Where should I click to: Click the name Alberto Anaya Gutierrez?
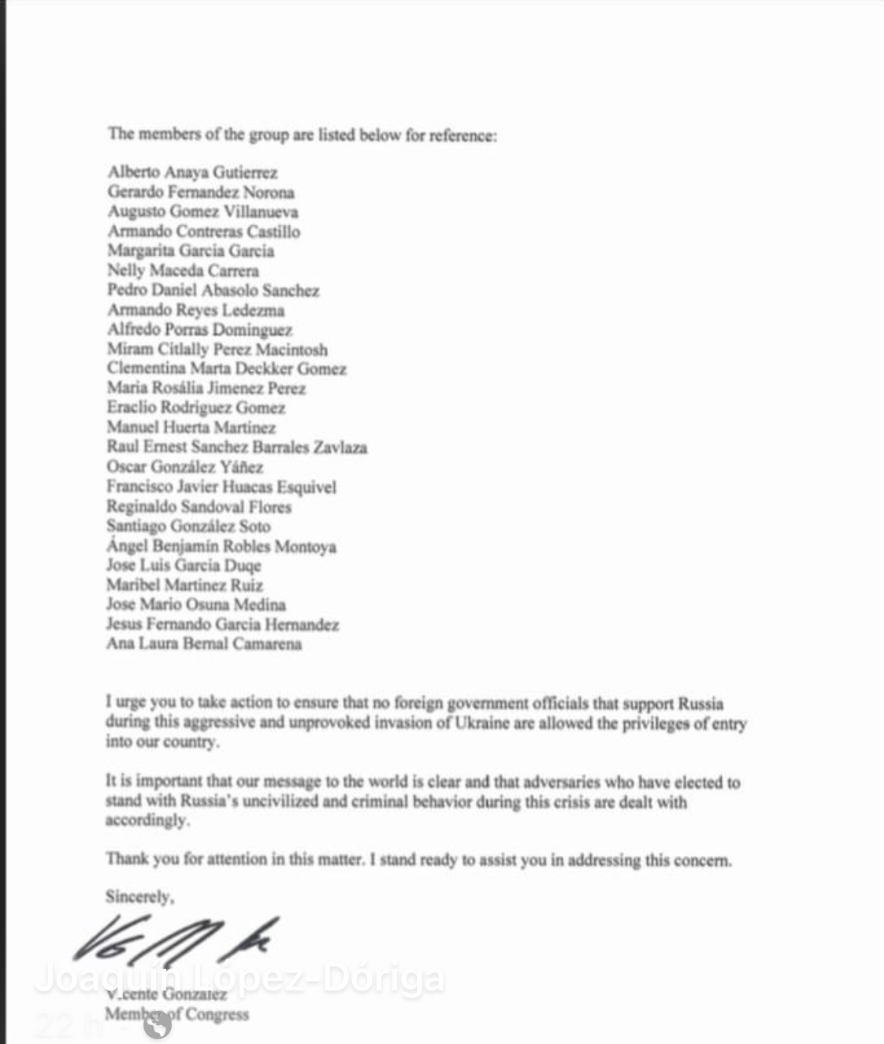tap(192, 172)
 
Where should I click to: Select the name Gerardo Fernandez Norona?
tap(201, 192)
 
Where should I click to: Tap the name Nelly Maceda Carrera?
tap(183, 271)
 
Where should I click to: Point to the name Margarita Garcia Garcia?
tap(191, 251)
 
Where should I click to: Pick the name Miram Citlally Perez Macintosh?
tap(217, 350)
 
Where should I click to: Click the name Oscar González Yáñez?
tap(185, 467)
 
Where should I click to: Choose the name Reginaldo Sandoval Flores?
tap(199, 506)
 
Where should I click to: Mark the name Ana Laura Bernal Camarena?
tap(204, 644)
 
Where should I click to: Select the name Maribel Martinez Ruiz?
tap(185, 585)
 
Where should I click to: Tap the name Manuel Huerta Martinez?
tap(191, 428)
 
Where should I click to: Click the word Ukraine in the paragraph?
tap(482, 723)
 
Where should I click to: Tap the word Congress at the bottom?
tap(217, 1014)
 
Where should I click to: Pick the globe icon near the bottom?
tap(158, 1024)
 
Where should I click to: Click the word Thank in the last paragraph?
tap(127, 859)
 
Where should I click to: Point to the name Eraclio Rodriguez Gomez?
tap(196, 408)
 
